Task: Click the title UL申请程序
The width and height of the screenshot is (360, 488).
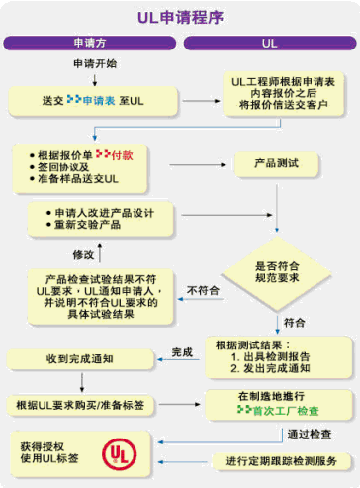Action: (x=179, y=18)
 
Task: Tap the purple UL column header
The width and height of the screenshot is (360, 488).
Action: (x=268, y=45)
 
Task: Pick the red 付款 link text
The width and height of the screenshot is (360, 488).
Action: (x=121, y=155)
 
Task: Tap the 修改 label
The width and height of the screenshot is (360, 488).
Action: (x=83, y=254)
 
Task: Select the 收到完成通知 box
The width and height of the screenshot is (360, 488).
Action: (x=80, y=358)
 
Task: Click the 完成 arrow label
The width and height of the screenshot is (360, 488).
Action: (x=182, y=351)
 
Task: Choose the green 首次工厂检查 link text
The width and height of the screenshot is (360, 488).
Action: (x=286, y=410)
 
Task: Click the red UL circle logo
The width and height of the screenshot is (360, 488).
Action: (x=118, y=454)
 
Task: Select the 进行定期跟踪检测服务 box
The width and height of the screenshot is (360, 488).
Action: (x=281, y=461)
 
